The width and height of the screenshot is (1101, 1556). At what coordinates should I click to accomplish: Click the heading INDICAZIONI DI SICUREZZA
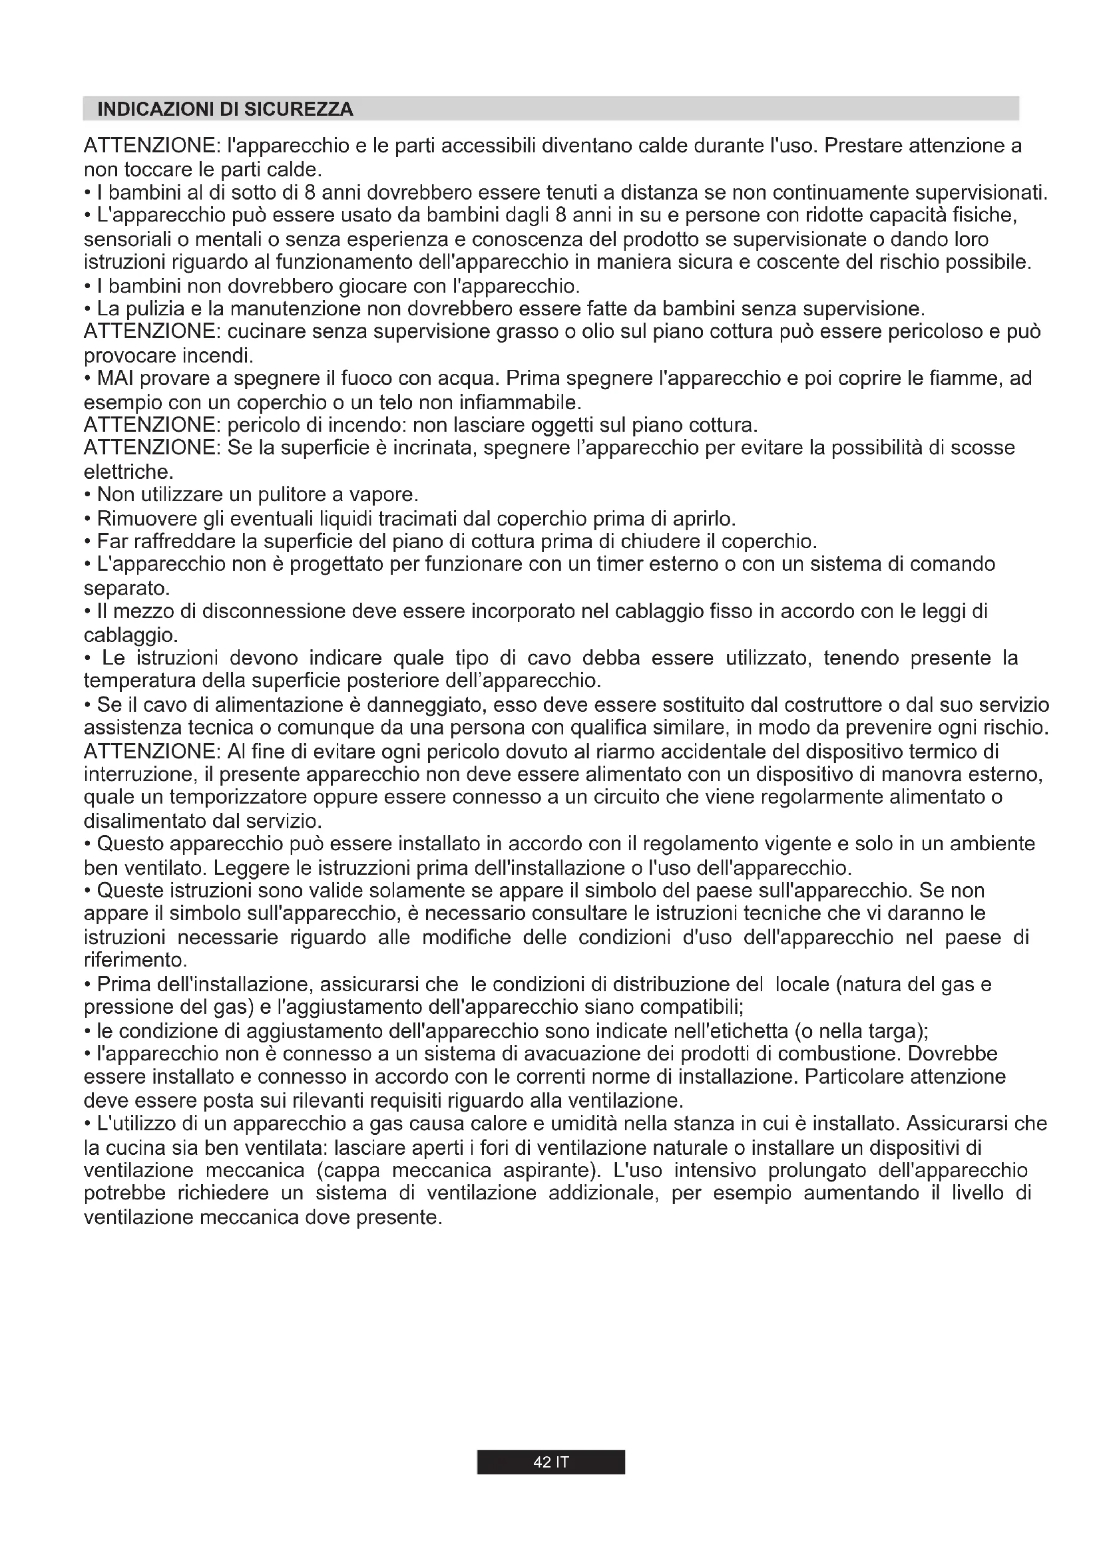click(x=226, y=109)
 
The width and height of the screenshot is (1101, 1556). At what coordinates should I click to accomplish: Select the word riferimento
click(x=134, y=961)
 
